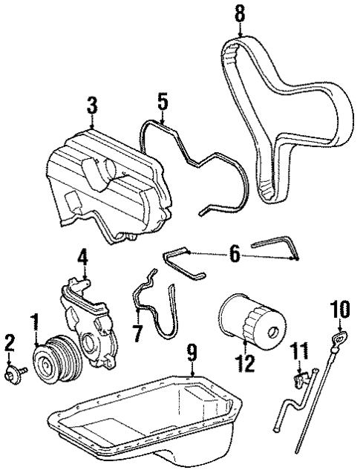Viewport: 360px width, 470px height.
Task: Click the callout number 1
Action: [x=33, y=324]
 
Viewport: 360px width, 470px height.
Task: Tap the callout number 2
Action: [x=10, y=343]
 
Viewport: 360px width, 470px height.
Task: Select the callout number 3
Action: [x=91, y=106]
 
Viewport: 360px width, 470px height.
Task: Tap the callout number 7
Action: [x=137, y=333]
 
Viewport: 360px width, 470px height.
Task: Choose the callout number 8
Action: [x=238, y=13]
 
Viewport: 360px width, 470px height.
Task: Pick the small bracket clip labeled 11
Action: [x=300, y=380]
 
